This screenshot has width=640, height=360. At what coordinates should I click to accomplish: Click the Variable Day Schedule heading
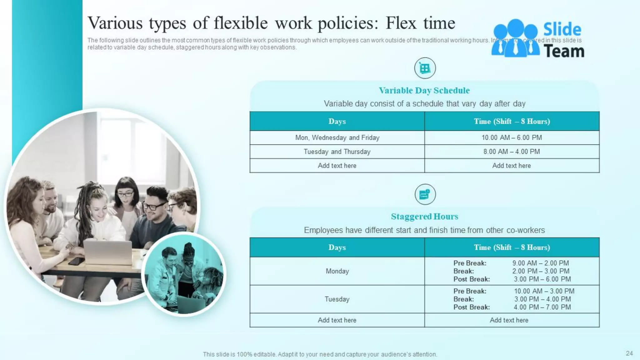click(424, 91)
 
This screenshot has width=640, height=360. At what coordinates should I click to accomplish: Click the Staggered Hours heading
click(424, 217)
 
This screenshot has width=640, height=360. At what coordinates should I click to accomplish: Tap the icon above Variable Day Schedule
click(425, 68)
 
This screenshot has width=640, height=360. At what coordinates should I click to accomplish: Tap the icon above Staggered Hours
click(425, 194)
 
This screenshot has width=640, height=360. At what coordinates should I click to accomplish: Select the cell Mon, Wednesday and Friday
click(337, 138)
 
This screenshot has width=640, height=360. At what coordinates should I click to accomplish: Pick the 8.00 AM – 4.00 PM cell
click(512, 152)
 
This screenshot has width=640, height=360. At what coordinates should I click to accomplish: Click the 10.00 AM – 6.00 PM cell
click(512, 138)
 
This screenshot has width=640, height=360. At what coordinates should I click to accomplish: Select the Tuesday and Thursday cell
click(337, 152)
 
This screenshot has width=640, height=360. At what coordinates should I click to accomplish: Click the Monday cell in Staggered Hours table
click(337, 271)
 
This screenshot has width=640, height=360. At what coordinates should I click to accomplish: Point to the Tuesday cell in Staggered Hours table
click(337, 299)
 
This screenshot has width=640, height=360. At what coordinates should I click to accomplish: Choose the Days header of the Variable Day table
click(337, 121)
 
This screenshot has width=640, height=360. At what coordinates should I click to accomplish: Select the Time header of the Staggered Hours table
click(512, 247)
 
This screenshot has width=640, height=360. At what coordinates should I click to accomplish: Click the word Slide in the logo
click(562, 30)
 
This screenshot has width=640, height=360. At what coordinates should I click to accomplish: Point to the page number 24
click(629, 353)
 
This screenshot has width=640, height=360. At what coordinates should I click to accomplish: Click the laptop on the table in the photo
click(108, 252)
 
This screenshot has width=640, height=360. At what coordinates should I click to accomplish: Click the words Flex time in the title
click(420, 23)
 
